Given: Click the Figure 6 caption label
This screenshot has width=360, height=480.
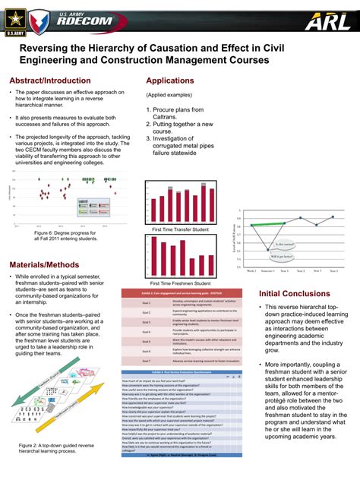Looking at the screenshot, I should (x=47, y=232).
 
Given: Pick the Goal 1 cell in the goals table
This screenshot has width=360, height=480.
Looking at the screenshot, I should (x=147, y=302).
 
